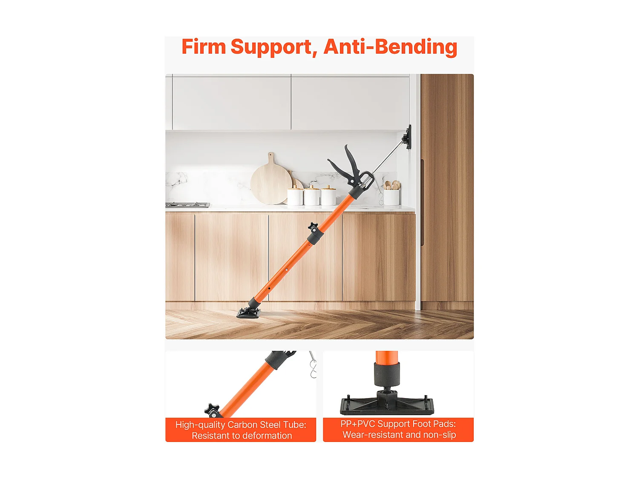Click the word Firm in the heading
[203, 47]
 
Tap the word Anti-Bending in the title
[390, 47]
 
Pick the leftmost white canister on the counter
[295, 196]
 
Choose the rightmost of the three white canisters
[328, 196]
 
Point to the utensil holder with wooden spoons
[392, 195]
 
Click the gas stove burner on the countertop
[187, 205]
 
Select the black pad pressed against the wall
[408, 137]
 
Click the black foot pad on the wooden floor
[248, 313]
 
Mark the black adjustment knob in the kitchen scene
[313, 226]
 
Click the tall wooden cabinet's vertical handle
[422, 203]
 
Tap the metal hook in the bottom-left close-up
[313, 367]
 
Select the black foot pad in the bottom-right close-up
[387, 404]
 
